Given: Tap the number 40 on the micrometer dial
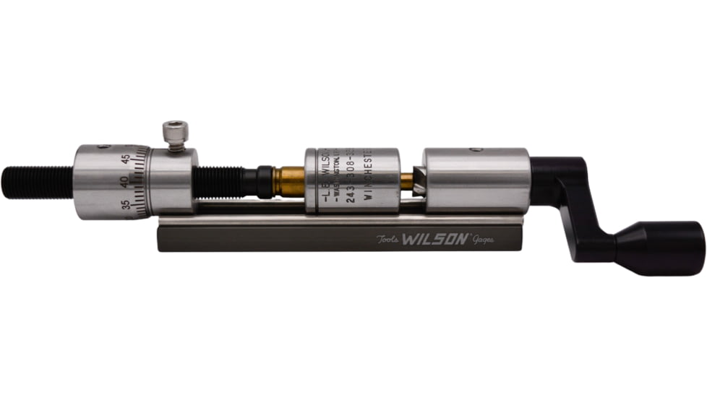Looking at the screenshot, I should (124, 182).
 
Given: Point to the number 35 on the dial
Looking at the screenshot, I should (127, 204).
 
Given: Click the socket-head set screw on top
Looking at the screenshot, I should (175, 134).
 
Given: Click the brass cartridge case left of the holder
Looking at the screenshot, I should (288, 182).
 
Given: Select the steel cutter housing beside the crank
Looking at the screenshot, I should (477, 180).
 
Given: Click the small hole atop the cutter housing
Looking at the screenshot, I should (475, 150).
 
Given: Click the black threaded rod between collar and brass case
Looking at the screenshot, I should (220, 182).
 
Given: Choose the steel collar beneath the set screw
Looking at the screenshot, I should (174, 180).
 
